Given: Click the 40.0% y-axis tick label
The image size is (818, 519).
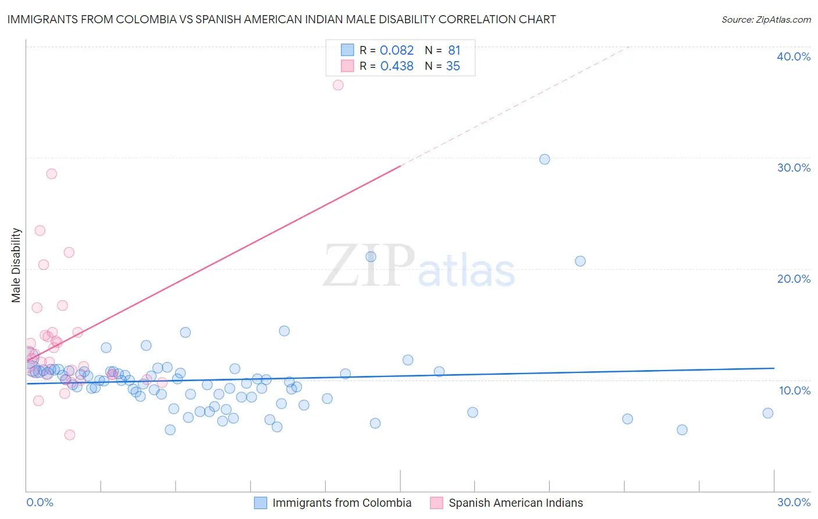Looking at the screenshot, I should click(794, 56).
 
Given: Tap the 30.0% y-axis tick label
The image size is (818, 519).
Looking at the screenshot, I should click(794, 168).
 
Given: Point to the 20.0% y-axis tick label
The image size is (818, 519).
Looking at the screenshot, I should click(794, 279).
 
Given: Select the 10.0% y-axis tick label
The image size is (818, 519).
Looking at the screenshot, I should click(795, 390).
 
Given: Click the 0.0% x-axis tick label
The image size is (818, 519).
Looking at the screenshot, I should click(40, 502).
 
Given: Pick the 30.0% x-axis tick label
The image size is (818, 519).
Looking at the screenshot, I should click(794, 502).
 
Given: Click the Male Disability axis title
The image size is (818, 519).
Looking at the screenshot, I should click(16, 265).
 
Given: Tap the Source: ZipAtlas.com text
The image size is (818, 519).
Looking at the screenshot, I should click(766, 20).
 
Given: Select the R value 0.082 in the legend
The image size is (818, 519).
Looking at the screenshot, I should click(397, 51).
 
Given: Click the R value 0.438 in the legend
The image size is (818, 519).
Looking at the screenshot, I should click(397, 66).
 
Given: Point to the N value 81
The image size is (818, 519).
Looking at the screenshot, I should click(454, 51).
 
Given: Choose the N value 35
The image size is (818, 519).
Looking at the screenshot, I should click(453, 66).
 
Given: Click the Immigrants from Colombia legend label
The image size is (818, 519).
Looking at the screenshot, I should click(342, 503).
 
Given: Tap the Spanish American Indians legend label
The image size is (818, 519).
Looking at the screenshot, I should click(515, 503).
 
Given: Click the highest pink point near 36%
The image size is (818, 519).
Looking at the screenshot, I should click(338, 85).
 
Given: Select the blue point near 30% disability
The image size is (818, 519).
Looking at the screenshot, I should click(545, 159).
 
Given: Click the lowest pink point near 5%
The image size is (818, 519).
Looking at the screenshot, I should click(70, 435).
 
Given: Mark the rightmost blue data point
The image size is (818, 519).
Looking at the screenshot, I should click(768, 413).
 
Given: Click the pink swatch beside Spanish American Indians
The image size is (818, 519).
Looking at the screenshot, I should click(436, 503).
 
